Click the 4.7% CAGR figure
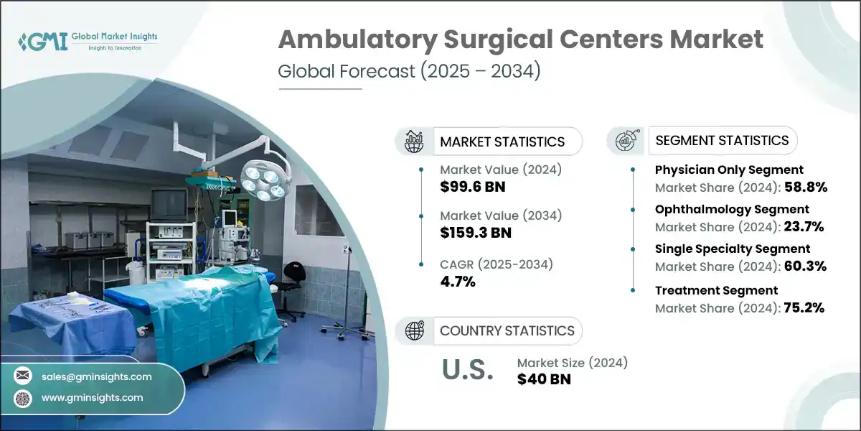(458, 281)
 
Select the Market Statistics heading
(502, 142)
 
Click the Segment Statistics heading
(722, 140)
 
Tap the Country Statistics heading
(507, 330)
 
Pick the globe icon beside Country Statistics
(415, 330)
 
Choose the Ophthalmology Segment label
(732, 209)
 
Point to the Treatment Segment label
(716, 290)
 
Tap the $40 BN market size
(544, 379)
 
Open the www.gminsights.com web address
(92, 397)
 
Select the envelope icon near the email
(23, 376)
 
